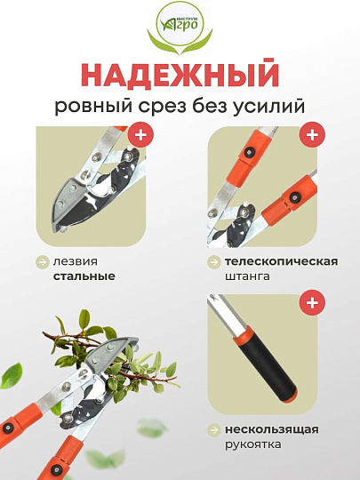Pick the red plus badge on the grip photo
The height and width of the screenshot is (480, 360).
pyautogui.click(x=311, y=303)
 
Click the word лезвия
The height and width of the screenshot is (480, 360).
pyautogui.click(x=75, y=262)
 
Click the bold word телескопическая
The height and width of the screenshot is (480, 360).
pyautogui.click(x=281, y=262)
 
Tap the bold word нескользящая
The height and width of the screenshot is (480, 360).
pyautogui.click(x=270, y=429)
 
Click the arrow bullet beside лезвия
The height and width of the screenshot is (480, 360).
pyautogui.click(x=42, y=262)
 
